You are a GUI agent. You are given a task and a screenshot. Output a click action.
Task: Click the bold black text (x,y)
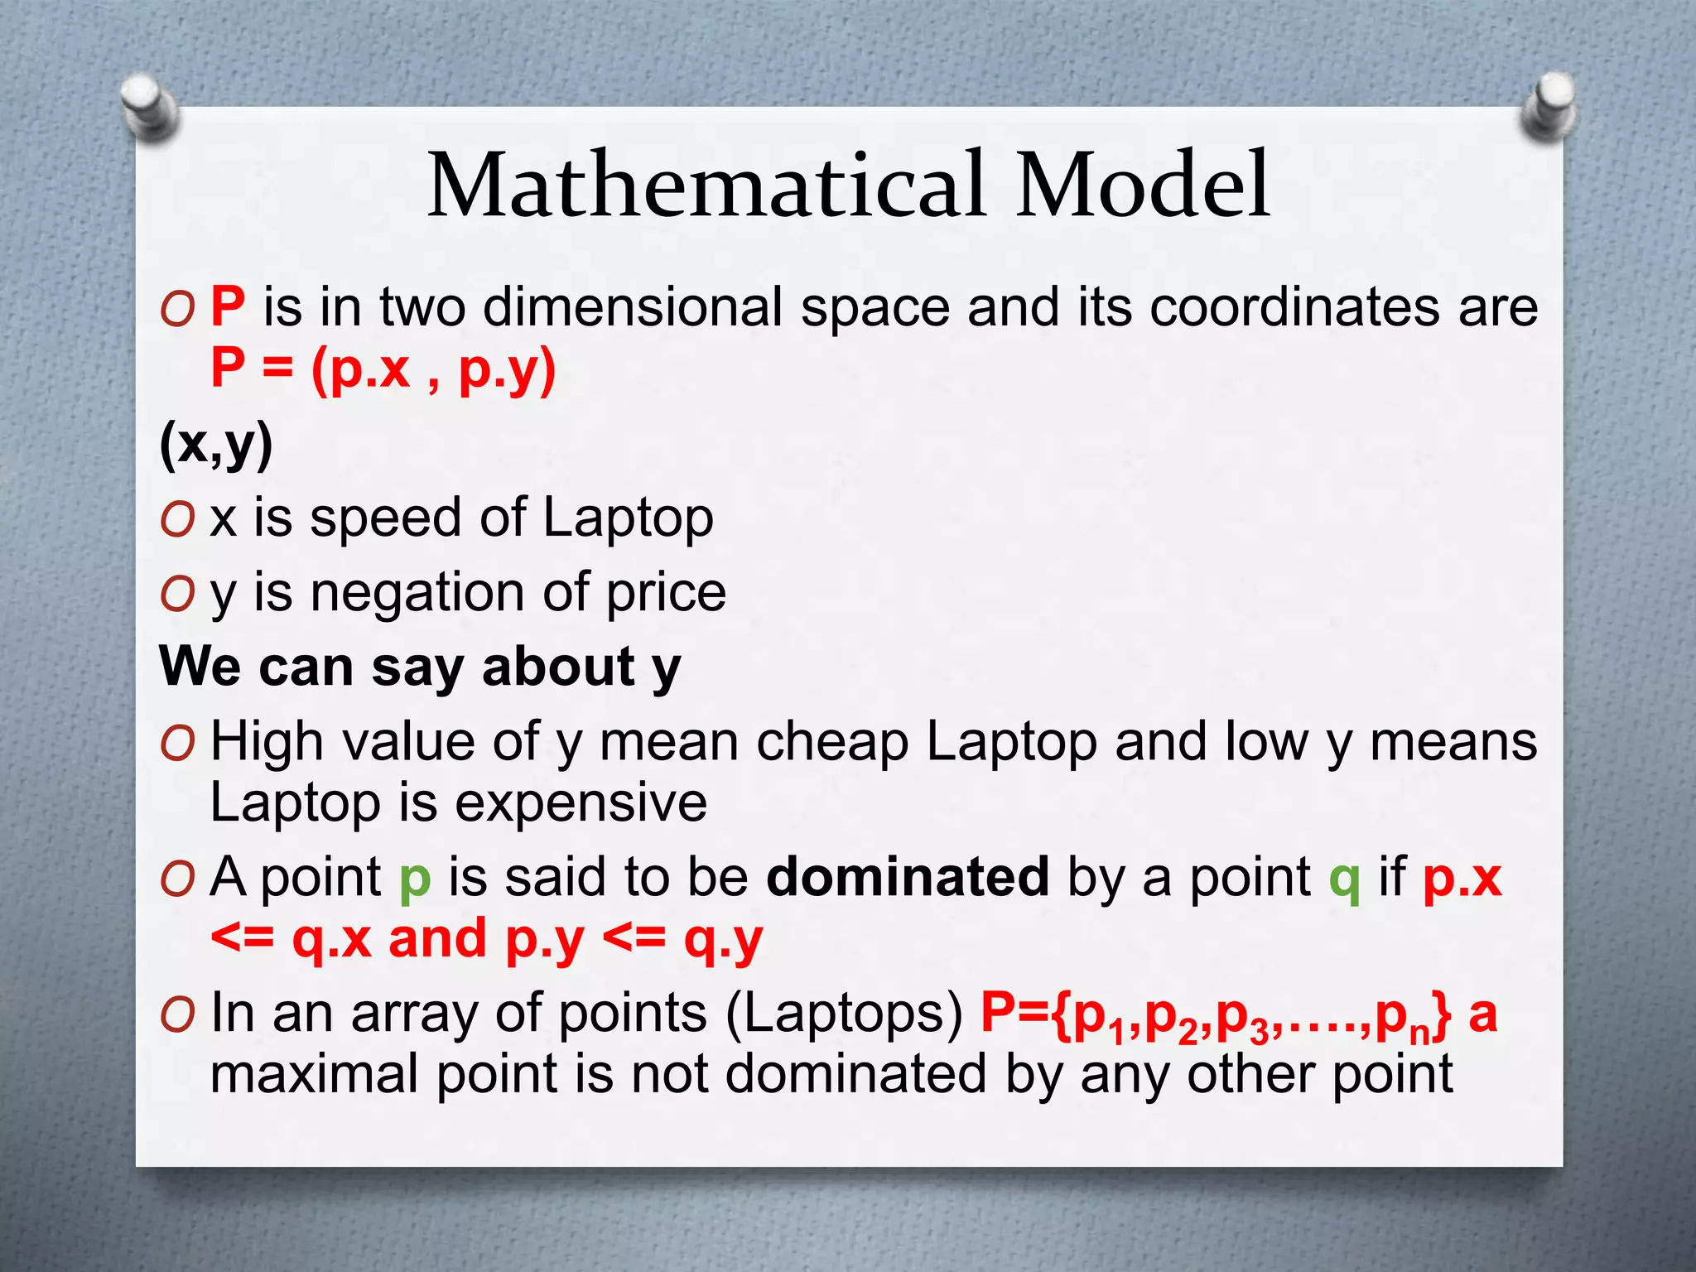[x=216, y=445]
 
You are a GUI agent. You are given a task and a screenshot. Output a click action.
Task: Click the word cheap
[x=832, y=741]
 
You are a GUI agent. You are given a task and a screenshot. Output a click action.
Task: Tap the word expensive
[x=581, y=802]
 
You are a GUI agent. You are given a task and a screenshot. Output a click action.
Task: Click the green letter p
[x=415, y=879]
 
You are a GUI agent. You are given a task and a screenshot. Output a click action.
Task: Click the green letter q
[x=1344, y=879]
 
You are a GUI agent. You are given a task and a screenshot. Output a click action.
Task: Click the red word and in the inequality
[x=437, y=938]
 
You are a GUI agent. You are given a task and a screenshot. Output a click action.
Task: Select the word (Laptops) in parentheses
[x=844, y=1014]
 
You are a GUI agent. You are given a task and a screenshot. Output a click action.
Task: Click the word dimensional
[x=633, y=307]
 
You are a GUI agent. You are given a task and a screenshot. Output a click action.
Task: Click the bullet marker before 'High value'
[x=178, y=743]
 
